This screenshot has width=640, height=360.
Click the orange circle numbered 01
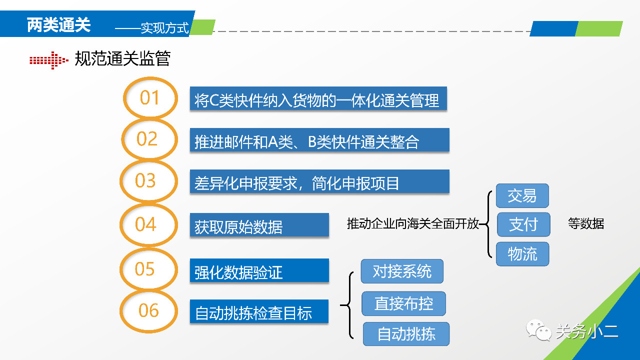124,97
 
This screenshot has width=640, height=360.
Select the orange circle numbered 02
123,139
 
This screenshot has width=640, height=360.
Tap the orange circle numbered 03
121,181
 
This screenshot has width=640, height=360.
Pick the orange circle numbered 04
121,225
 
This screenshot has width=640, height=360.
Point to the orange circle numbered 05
121,269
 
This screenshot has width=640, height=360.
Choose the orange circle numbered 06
121,311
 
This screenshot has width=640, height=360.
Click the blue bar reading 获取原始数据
259,225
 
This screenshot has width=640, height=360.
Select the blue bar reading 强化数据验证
259,270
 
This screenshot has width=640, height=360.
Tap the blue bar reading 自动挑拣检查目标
259,311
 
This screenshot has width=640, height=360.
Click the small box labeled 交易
522,195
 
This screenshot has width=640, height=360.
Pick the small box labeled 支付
523,224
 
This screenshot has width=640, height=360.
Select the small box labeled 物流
522,254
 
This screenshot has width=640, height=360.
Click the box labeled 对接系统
402,271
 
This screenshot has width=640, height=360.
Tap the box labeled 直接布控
403,303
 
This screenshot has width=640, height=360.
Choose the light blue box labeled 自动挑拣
406,333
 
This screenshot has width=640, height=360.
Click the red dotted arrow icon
49,60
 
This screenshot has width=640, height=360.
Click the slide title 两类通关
58,25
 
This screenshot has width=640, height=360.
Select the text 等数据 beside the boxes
585,223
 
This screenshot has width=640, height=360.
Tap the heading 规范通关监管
122,58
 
